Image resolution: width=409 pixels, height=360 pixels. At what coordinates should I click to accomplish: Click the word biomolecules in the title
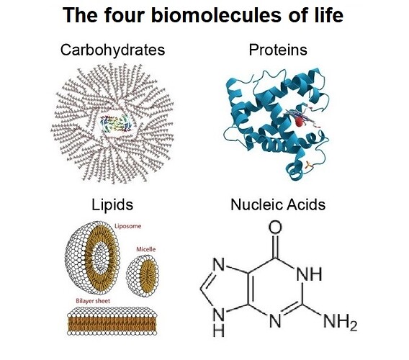pyautogui.click(x=217, y=15)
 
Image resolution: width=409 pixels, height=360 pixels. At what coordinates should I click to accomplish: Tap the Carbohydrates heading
pyautogui.click(x=112, y=50)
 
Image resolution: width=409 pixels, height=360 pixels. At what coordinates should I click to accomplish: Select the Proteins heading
pyautogui.click(x=278, y=50)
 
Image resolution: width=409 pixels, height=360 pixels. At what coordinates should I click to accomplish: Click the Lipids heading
pyautogui.click(x=112, y=205)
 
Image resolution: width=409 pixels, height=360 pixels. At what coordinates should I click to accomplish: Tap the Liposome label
pyautogui.click(x=128, y=226)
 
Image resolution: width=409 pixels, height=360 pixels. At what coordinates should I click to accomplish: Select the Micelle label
pyautogui.click(x=145, y=249)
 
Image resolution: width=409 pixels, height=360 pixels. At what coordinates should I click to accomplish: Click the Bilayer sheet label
pyautogui.click(x=93, y=301)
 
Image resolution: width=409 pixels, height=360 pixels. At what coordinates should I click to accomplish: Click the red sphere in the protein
pyautogui.click(x=299, y=122)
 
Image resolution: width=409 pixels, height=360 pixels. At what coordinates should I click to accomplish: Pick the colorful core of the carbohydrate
pyautogui.click(x=116, y=123)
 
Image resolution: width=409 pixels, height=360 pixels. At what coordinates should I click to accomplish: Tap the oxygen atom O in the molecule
pyautogui.click(x=275, y=227)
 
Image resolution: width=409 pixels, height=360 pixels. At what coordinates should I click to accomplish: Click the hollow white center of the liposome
pyautogui.click(x=100, y=258)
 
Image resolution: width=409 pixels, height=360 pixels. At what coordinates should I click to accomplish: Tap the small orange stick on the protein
pyautogui.click(x=308, y=165)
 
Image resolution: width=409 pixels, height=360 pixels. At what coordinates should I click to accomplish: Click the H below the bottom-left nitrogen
pyautogui.click(x=219, y=330)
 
